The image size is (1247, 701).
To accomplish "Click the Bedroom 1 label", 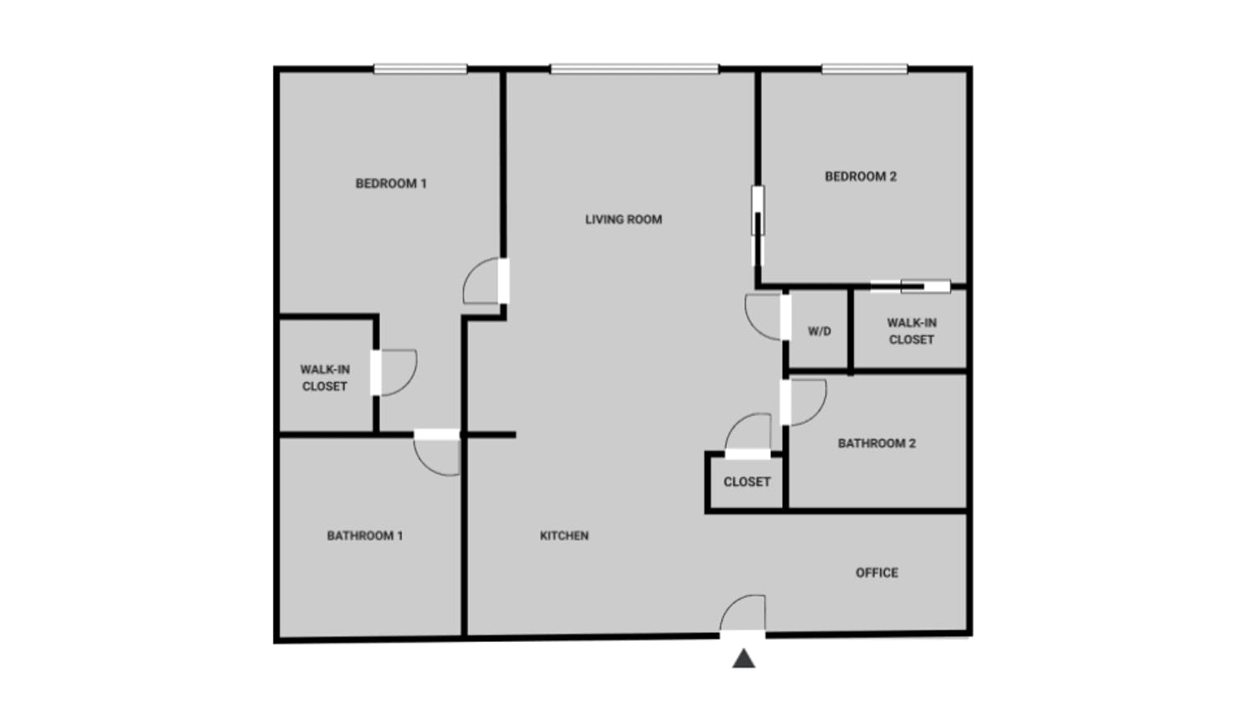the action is click(x=391, y=184).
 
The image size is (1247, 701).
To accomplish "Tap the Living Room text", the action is click(x=623, y=220).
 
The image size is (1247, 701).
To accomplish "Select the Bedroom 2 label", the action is click(x=861, y=177).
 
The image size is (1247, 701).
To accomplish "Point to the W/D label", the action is click(x=820, y=331).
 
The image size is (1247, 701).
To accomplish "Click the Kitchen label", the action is click(x=564, y=535).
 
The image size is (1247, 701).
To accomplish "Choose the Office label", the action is click(x=877, y=573).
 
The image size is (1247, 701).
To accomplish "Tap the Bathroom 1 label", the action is click(x=364, y=535).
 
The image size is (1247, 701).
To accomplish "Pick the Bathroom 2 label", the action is click(x=877, y=444).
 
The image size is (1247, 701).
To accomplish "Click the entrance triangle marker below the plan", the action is click(x=744, y=659).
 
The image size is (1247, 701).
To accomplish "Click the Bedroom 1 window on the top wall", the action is click(x=420, y=69).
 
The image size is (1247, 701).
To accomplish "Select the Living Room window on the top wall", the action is click(x=635, y=69).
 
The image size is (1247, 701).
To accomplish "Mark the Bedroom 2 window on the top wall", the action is click(x=865, y=69).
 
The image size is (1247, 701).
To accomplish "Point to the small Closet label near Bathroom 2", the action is click(x=747, y=482).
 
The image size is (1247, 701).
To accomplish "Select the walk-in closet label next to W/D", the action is click(x=911, y=331).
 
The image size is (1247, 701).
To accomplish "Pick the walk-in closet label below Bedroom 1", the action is click(x=325, y=378).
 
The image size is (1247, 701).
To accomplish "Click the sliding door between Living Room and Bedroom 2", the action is click(x=758, y=225).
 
